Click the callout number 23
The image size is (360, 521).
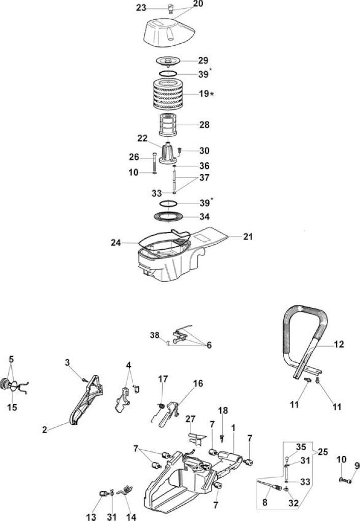click(x=141, y=7)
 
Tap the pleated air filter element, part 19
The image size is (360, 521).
click(x=169, y=94)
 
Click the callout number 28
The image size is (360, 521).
click(x=204, y=125)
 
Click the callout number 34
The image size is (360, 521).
click(x=204, y=217)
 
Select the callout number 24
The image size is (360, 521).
click(x=116, y=243)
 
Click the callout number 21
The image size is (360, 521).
click(x=248, y=237)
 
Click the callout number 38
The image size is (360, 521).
click(x=155, y=335)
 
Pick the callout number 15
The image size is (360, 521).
click(x=12, y=407)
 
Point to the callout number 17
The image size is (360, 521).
click(x=163, y=379)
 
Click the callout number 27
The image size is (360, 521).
click(x=190, y=419)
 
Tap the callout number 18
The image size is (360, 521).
click(x=223, y=411)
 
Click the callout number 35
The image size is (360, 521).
click(x=301, y=447)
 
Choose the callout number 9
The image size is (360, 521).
click(x=357, y=466)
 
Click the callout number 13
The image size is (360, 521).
click(x=91, y=516)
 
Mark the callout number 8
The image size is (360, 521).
click(x=265, y=502)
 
